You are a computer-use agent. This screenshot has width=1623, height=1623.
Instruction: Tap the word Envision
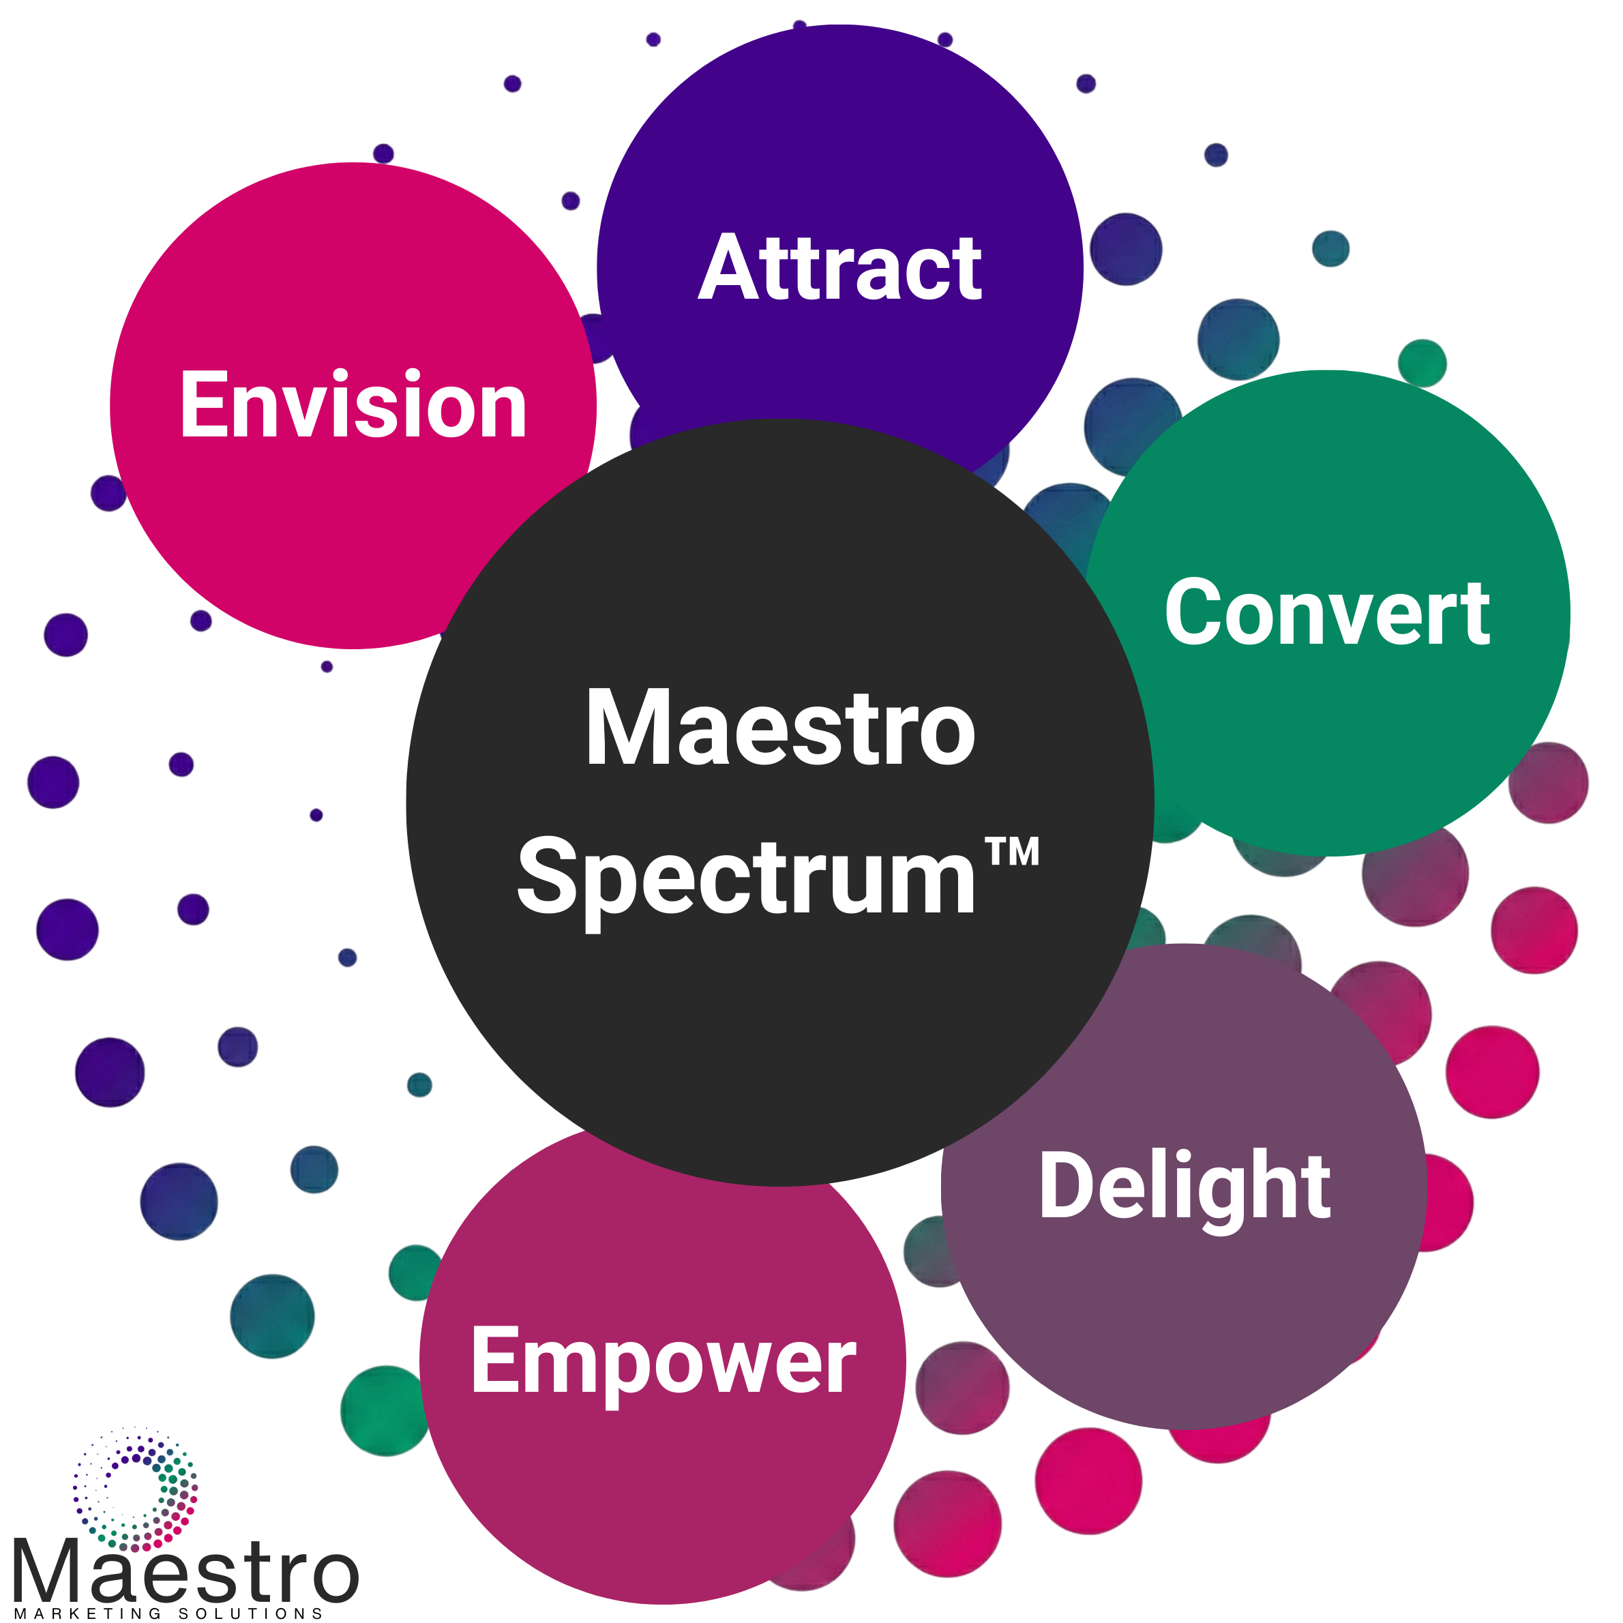353,405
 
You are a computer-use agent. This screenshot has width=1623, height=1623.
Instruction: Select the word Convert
1327,613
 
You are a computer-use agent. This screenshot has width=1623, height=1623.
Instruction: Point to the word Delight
1185,1186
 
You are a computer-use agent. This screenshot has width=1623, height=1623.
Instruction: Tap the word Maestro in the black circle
781,728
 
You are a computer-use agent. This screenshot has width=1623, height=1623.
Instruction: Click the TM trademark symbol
1012,852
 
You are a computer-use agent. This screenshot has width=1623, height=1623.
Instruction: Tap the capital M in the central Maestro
626,728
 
